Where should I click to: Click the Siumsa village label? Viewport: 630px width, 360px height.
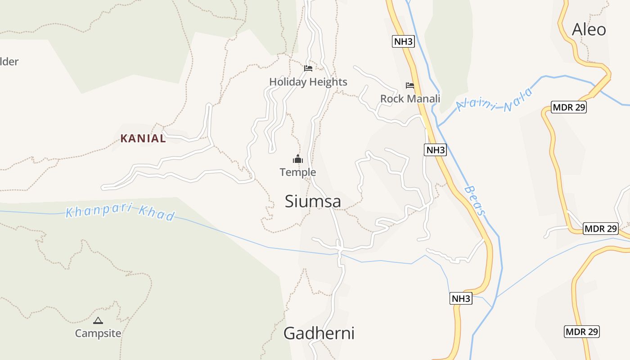pos(313,201)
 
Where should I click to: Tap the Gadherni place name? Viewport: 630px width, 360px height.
pos(319,333)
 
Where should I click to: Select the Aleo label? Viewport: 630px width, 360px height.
pos(589,30)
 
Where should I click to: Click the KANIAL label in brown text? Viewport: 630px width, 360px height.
pos(143,139)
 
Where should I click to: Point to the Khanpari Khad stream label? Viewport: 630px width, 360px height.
pos(120,212)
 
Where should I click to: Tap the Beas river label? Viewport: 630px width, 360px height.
pos(476,201)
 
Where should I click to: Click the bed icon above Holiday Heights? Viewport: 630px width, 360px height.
pos(308,68)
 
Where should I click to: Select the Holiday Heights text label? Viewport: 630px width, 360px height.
pos(308,82)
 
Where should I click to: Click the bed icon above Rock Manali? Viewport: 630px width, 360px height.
pos(410,85)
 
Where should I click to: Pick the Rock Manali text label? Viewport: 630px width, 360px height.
pos(410,99)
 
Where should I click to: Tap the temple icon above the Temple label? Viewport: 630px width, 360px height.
pos(298,159)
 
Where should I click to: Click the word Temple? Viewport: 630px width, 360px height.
pos(298,172)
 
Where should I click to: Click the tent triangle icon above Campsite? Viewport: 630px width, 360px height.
pos(98,320)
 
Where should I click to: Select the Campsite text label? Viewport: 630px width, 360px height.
pos(98,333)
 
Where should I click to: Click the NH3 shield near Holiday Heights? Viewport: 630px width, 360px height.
pos(403,41)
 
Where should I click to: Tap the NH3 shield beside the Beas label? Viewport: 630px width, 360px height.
pos(435,150)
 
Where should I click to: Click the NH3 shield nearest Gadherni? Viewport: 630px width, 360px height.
pos(461,298)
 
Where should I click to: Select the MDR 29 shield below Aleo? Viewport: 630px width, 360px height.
pos(569,107)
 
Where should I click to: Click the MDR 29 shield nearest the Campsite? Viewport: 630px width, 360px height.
pos(581,332)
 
